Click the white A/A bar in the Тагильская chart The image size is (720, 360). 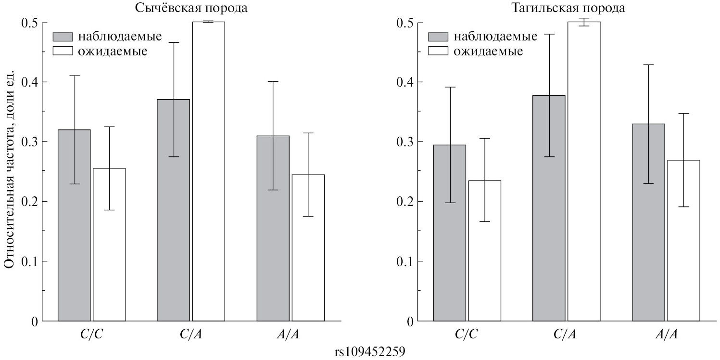click(683, 241)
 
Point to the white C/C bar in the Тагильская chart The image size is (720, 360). click(485, 251)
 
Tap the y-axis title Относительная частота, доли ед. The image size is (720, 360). click(11, 171)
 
